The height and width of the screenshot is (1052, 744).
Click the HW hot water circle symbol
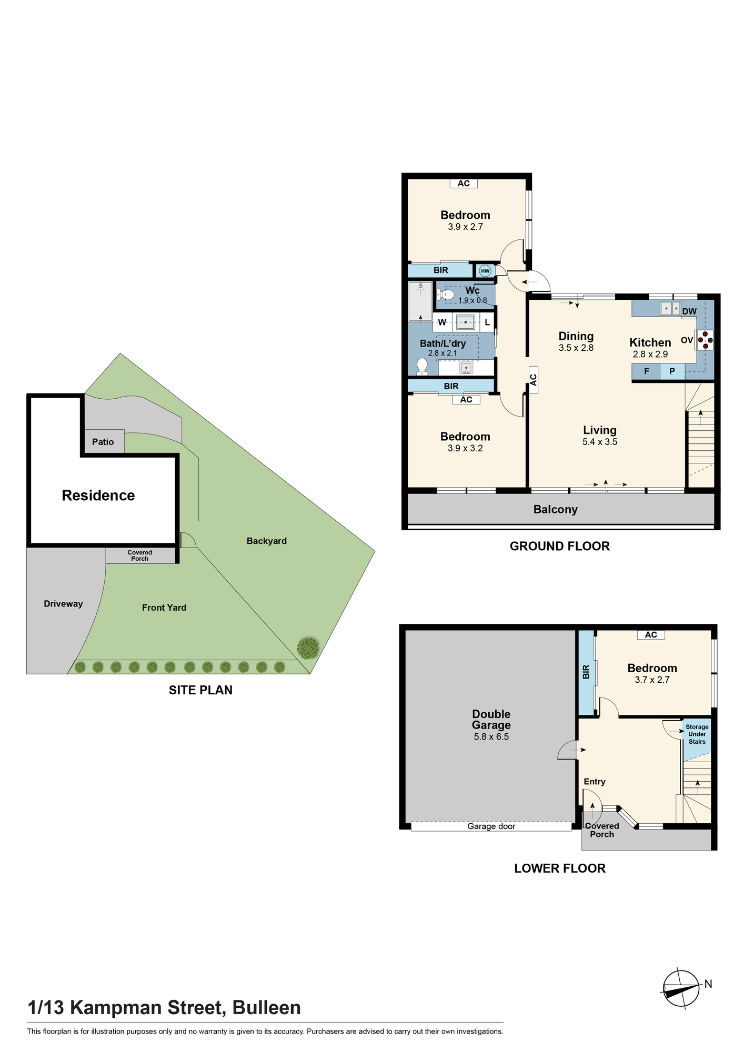tap(485, 271)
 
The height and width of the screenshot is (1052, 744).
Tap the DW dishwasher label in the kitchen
tap(689, 311)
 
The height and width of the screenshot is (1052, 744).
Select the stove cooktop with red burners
tap(705, 340)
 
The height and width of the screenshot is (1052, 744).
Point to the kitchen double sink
tap(670, 308)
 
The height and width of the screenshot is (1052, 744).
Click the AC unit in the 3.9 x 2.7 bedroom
tap(464, 184)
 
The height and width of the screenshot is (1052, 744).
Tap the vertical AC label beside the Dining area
tap(534, 380)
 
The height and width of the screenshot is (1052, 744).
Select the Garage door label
tap(491, 826)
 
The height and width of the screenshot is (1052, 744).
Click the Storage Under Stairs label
tap(697, 734)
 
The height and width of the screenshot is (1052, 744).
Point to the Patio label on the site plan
tap(103, 442)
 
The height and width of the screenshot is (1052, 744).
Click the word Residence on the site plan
tap(98, 495)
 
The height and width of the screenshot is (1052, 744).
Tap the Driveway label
tap(63, 604)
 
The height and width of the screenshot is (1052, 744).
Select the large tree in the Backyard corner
tap(308, 648)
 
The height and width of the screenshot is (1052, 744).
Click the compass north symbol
tap(681, 989)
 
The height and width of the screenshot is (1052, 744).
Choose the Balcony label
tap(556, 509)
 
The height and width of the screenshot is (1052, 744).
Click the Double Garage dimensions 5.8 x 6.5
tap(491, 737)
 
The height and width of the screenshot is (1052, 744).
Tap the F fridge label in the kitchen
tap(647, 371)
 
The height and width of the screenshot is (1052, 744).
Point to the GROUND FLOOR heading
tap(560, 547)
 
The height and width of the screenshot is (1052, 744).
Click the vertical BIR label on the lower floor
tap(586, 672)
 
